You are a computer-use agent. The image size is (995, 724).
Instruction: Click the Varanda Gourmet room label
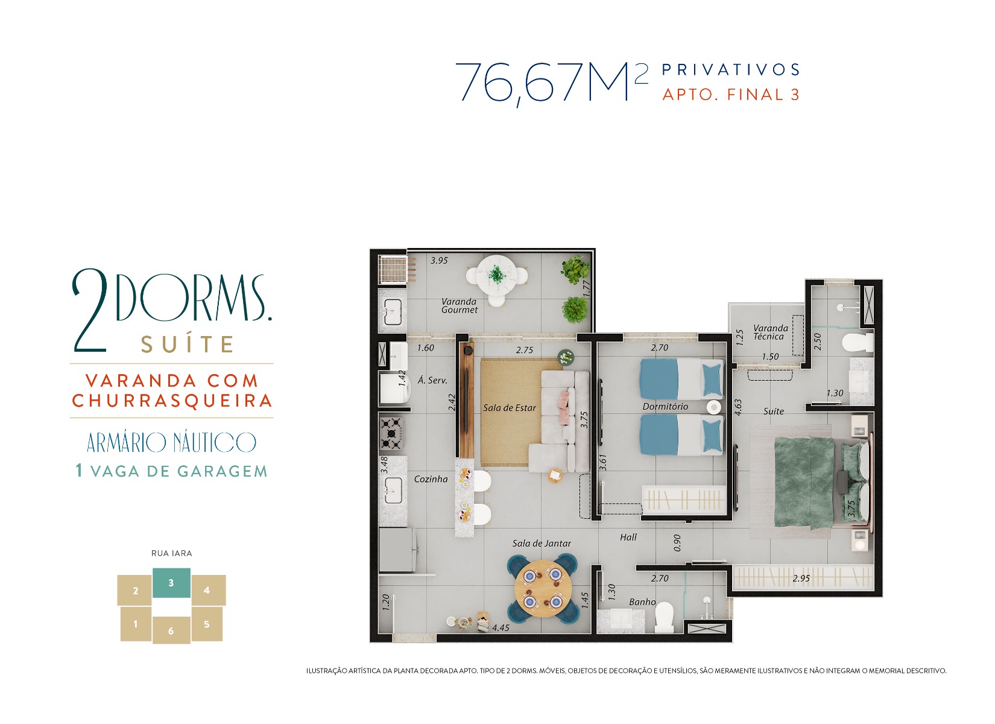coord(460,306)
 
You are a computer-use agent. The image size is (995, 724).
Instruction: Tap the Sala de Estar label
coord(510,408)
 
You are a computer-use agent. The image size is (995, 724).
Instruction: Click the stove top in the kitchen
coord(392,433)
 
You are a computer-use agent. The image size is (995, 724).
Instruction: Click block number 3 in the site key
coord(171,582)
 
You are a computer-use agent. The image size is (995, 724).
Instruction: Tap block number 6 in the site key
coord(171,630)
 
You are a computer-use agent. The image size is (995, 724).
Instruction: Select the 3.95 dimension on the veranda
coord(439,261)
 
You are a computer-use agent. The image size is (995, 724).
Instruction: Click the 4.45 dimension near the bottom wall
coord(501,627)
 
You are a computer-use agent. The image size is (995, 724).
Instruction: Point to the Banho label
coord(642,602)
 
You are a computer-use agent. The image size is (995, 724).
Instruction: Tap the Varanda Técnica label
coord(771,332)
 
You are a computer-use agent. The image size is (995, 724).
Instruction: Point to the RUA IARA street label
coord(171,553)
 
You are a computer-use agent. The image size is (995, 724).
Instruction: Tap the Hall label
coord(628,537)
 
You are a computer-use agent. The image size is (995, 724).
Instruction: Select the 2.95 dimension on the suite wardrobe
coord(801,578)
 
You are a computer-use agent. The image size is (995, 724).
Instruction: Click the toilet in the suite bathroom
coord(858,343)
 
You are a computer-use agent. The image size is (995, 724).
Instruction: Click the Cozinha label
coord(431,478)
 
